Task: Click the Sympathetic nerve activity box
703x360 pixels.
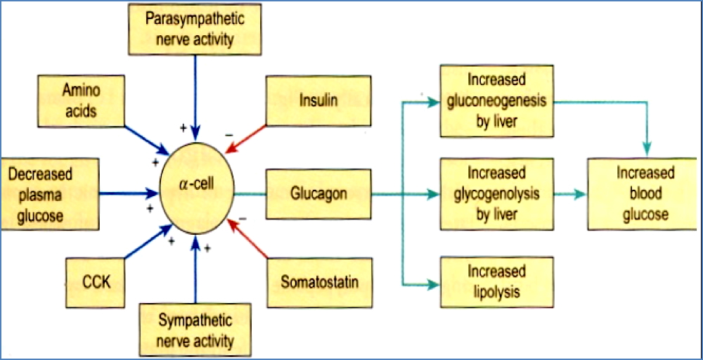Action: [x=195, y=331]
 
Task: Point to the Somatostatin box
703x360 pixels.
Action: [x=319, y=283]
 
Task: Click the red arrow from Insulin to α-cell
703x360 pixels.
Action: [x=247, y=138]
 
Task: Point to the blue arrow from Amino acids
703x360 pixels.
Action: [x=146, y=140]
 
